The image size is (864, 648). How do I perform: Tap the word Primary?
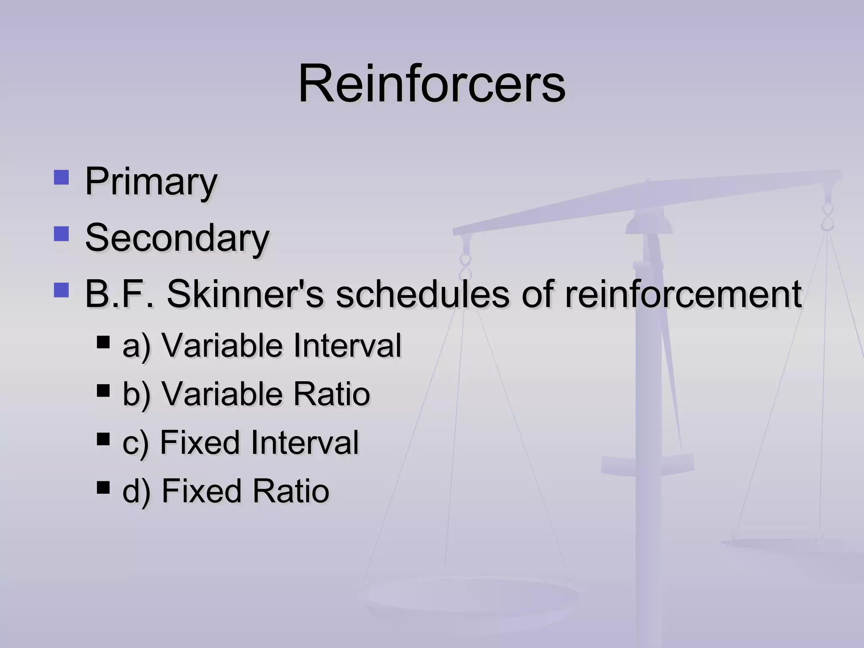151,181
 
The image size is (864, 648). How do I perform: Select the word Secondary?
177,238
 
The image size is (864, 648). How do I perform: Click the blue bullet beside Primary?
62,178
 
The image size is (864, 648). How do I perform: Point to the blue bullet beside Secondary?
62,234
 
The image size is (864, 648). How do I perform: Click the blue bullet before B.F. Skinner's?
62,290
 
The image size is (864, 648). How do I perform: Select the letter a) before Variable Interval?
136,346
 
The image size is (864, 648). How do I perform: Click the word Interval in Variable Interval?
347,346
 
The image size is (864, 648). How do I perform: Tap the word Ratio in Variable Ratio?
332,394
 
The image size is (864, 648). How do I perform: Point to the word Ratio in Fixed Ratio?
291,491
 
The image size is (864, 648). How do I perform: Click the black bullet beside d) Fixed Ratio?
103,487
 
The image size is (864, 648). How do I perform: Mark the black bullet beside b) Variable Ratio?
103,390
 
